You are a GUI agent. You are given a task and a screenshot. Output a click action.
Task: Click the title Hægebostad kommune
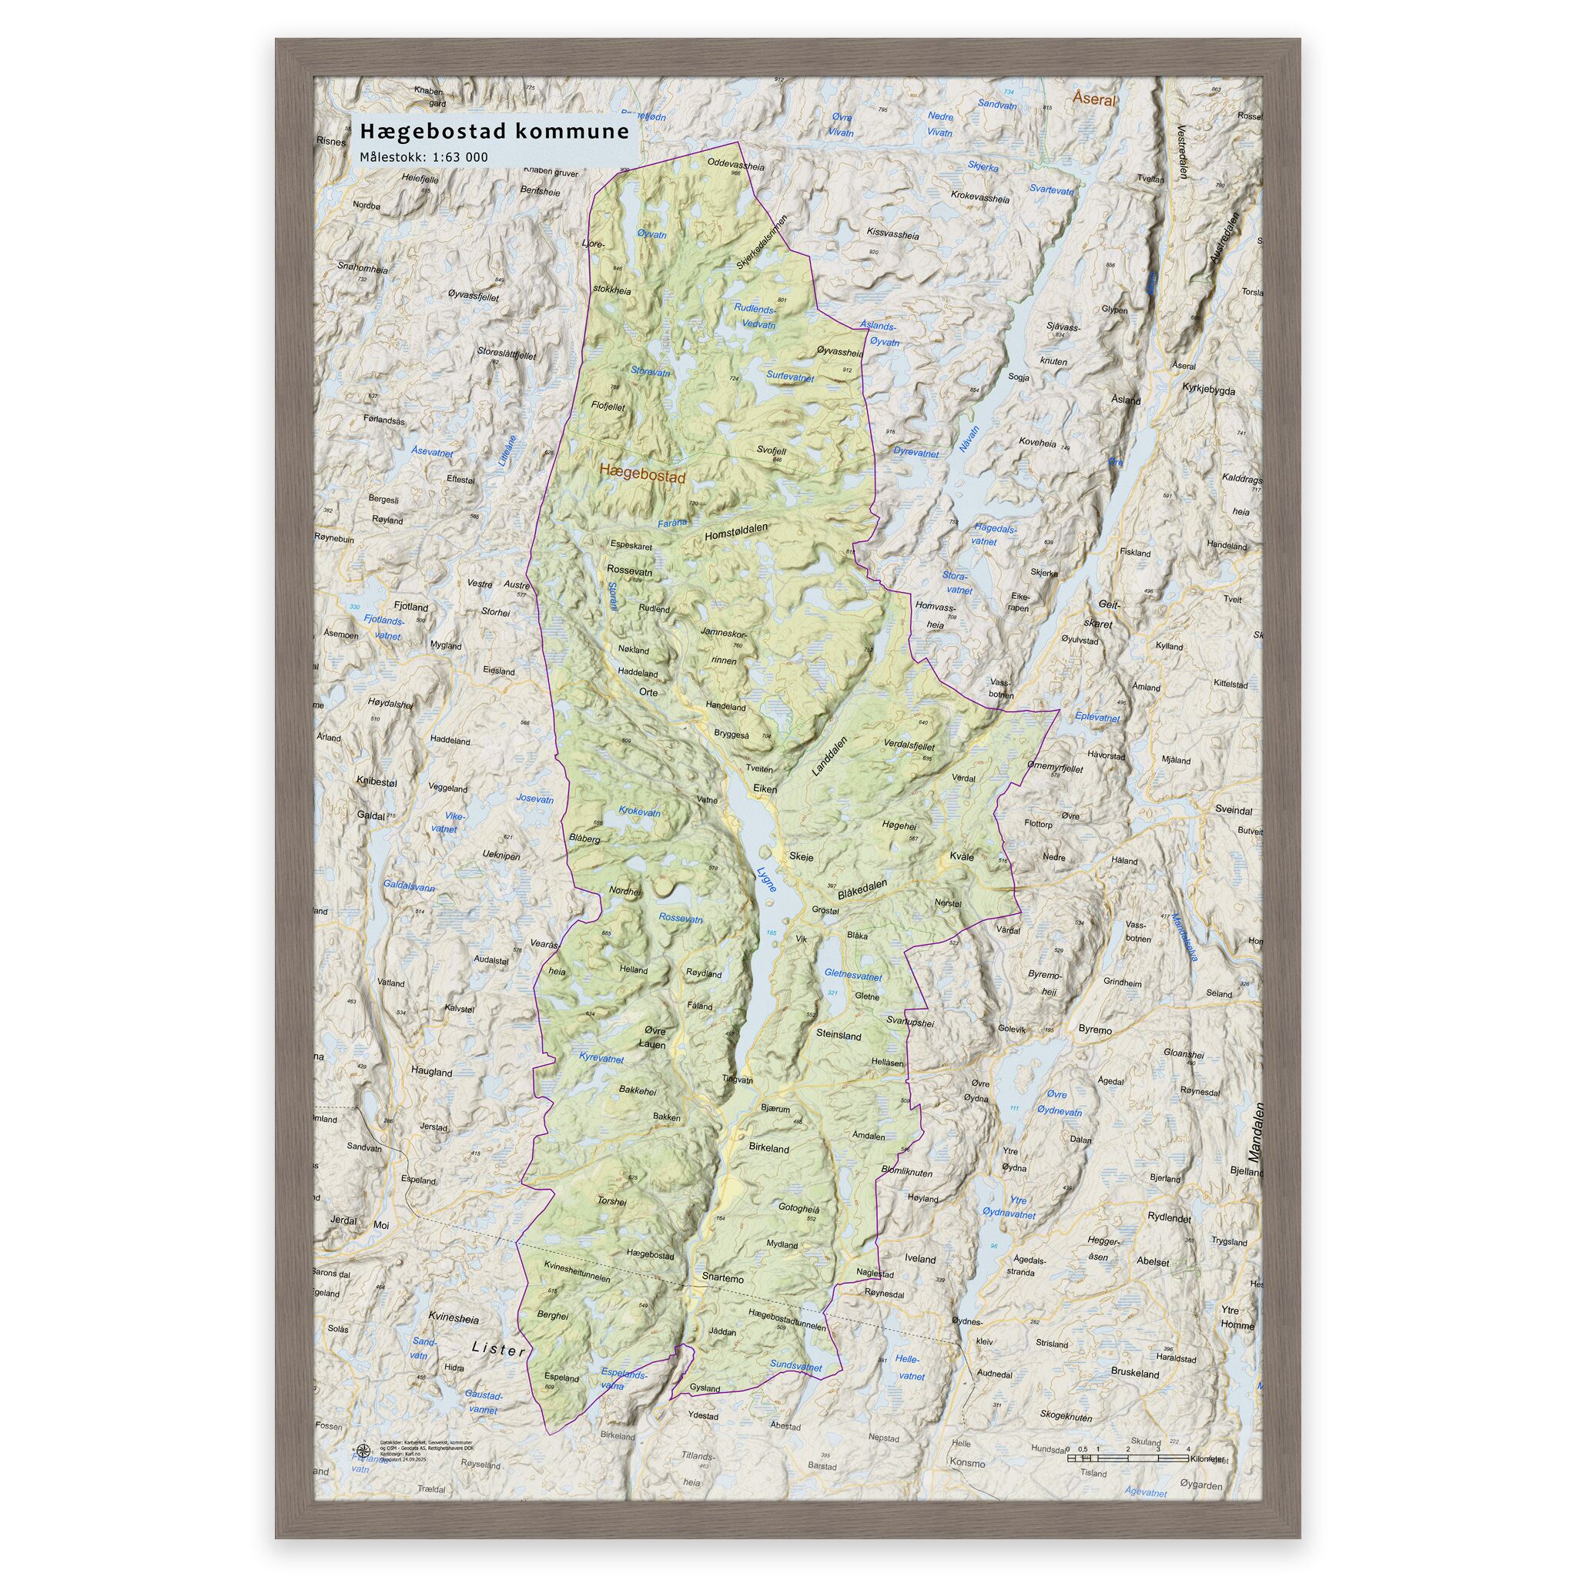[494, 132]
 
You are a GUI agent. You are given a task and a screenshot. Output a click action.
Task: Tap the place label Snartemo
[722, 1279]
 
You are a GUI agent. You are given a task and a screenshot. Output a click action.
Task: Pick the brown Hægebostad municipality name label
[641, 473]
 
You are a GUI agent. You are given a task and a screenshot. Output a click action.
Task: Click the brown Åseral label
[1093, 99]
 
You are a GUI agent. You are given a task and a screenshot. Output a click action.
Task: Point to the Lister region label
[499, 1351]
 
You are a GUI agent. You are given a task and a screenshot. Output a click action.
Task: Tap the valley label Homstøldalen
[735, 531]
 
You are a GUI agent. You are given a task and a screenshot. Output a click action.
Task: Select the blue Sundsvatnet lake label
[795, 1367]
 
